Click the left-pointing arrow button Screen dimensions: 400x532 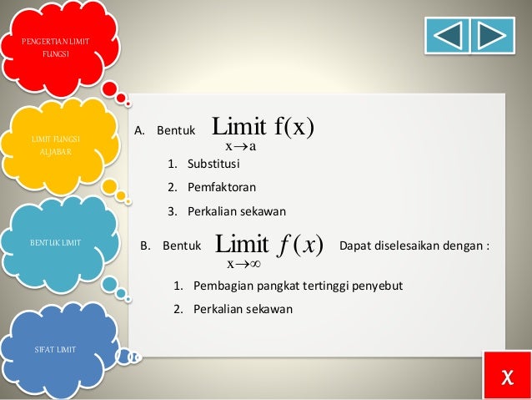[447, 34]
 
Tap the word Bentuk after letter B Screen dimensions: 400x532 [182, 246]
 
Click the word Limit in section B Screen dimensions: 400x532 [242, 245]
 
